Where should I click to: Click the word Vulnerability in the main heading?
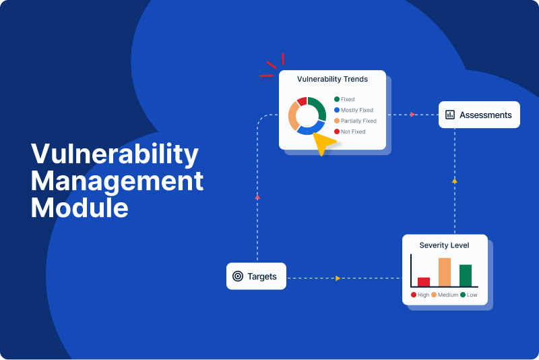(115, 154)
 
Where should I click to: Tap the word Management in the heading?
(117, 181)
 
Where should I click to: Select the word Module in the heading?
(80, 208)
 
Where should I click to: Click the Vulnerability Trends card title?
(332, 79)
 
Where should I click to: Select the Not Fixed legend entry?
(350, 131)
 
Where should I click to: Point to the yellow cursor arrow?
(324, 142)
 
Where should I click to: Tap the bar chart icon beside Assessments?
(450, 115)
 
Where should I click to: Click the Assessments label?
(485, 115)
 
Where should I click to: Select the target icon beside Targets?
(238, 276)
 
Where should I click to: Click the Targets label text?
(262, 276)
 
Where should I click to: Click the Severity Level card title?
(444, 245)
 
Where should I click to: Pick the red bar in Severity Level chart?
(424, 282)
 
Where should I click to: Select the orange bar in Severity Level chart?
(445, 272)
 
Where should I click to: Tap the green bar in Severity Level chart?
(466, 276)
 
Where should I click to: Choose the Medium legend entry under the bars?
(445, 295)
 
